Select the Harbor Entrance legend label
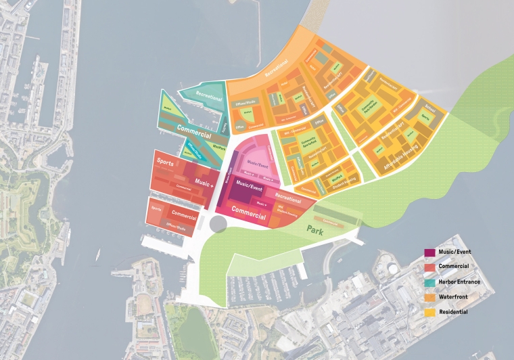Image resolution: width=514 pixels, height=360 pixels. click(x=459, y=282)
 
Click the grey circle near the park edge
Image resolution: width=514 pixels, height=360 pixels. click(x=219, y=224)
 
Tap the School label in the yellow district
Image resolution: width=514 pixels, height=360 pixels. click(x=431, y=108)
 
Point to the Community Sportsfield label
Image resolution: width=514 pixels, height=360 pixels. click(x=308, y=141)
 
